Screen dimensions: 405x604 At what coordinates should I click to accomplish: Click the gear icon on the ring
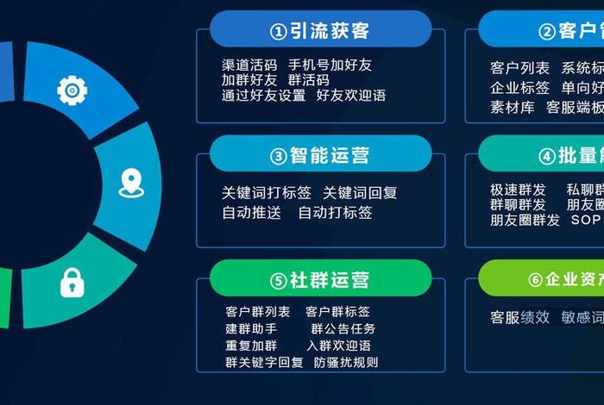pyautogui.click(x=72, y=90)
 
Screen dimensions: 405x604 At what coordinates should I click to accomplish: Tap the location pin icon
pyautogui.click(x=130, y=183)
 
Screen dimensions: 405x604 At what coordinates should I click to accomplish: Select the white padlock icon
pyautogui.click(x=72, y=282)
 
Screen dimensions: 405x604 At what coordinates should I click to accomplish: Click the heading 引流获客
pyautogui.click(x=320, y=31)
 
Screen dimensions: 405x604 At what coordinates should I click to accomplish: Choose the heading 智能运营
pyautogui.click(x=320, y=156)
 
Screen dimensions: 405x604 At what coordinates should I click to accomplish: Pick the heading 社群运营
pyautogui.click(x=320, y=280)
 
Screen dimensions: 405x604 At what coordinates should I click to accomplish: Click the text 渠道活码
pyautogui.click(x=249, y=65)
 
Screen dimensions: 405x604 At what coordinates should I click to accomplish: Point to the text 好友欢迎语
pyautogui.click(x=351, y=96)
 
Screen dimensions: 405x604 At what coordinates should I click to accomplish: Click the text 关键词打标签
pyautogui.click(x=266, y=193)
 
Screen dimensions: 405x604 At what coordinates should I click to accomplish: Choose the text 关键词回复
pyautogui.click(x=360, y=193)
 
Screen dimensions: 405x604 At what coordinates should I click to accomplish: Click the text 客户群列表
pyautogui.click(x=258, y=312)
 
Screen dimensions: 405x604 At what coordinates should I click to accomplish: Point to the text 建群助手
pyautogui.click(x=251, y=329)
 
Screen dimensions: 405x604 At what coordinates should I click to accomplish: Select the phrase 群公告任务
pyautogui.click(x=343, y=329)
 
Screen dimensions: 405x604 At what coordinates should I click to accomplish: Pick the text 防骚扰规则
pyautogui.click(x=346, y=363)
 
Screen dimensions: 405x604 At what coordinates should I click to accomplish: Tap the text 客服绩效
pyautogui.click(x=519, y=317)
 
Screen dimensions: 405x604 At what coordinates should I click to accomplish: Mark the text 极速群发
pyautogui.click(x=518, y=190)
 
